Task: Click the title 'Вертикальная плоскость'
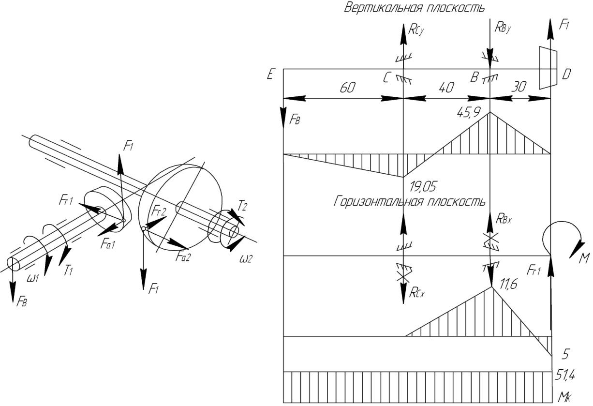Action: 415,8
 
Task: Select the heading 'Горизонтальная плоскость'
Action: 410,201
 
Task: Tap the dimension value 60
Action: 347,88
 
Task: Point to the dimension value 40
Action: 446,88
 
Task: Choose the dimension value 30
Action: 519,87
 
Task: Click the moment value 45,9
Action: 469,113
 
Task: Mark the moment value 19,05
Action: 423,187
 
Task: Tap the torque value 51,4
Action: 565,376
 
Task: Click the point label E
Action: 270,74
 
